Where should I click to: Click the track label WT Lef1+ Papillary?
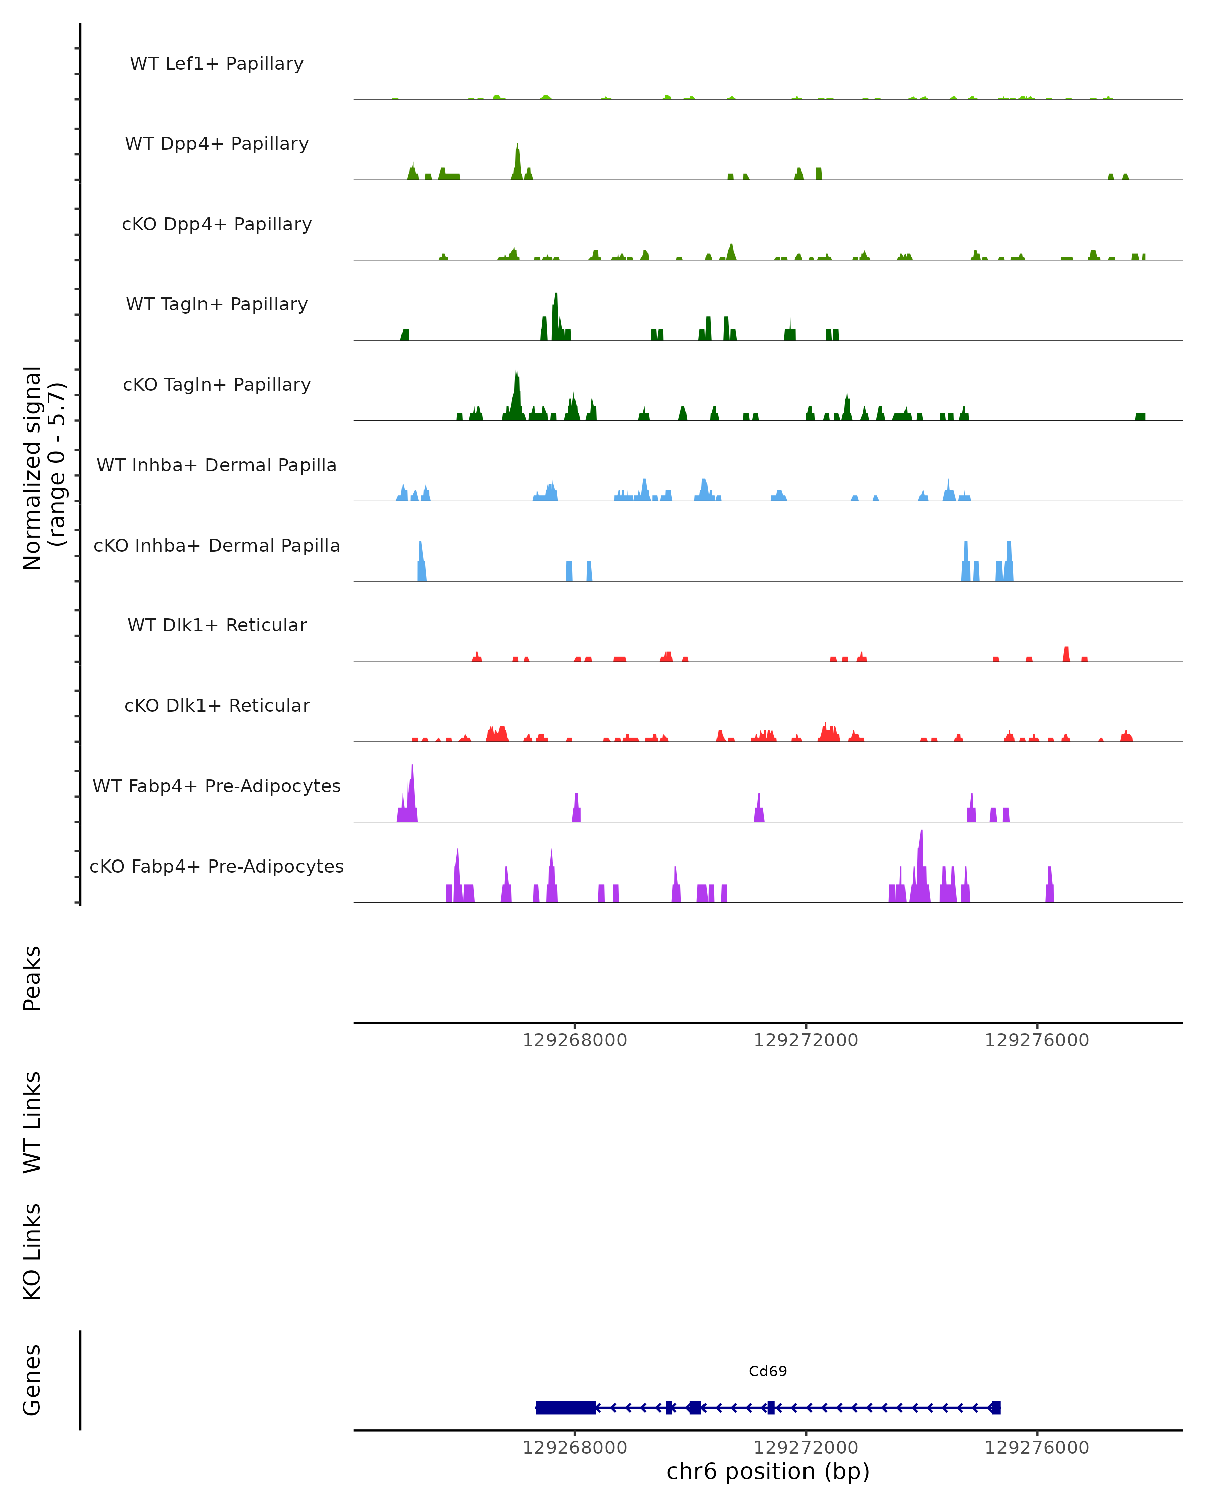[x=217, y=64]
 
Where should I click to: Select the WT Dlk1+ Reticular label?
[x=217, y=625]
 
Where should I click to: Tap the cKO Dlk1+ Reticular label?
[x=217, y=705]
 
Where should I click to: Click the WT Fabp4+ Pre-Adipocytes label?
[x=217, y=786]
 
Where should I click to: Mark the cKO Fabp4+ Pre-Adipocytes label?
[x=217, y=866]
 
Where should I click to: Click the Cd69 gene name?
[x=768, y=1371]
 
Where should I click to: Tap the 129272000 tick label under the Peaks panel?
[x=806, y=1040]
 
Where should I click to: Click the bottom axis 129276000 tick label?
[x=1037, y=1448]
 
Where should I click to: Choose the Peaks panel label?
[x=32, y=978]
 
